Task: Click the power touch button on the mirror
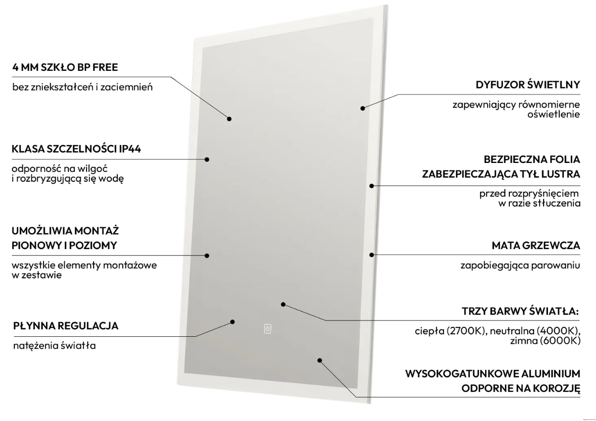pos(268,329)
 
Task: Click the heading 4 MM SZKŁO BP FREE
pos(65,67)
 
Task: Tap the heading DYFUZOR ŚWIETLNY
pos(528,84)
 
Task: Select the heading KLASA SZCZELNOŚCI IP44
pos(76,149)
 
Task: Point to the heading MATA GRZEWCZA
pos(536,245)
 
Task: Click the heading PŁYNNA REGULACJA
pos(66,326)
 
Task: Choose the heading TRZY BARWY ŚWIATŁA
pos(520,311)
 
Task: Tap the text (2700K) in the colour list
pos(466,331)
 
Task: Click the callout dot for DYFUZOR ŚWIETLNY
pos(363,108)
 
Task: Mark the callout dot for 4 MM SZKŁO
pos(229,119)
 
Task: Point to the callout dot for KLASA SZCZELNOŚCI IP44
pos(207,159)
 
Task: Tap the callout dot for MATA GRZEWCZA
pos(372,255)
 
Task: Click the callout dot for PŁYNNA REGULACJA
pos(232,322)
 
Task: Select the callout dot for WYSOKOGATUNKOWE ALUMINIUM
pos(320,360)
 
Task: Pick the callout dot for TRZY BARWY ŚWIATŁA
pos(283,305)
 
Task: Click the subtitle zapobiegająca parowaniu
pos(520,265)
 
